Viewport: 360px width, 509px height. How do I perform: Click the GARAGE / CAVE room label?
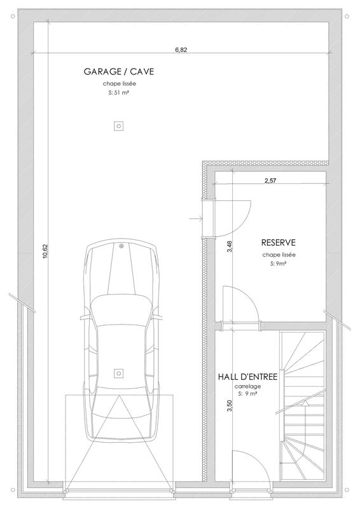pyautogui.click(x=119, y=72)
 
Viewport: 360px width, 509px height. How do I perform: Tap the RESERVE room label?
pyautogui.click(x=279, y=242)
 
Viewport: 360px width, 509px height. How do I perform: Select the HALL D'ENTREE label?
pyautogui.click(x=247, y=377)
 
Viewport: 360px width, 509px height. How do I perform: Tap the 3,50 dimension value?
pyautogui.click(x=227, y=405)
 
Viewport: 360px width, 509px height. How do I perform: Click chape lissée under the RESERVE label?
pyautogui.click(x=279, y=254)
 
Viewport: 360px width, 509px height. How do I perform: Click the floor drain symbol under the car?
pyautogui.click(x=118, y=373)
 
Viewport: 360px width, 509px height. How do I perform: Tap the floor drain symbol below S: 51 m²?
pyautogui.click(x=118, y=126)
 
